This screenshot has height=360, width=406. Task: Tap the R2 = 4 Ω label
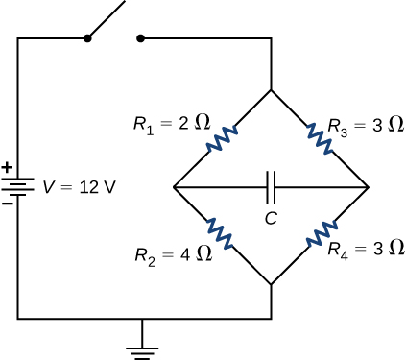[x=171, y=253]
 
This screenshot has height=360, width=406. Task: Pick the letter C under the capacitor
[x=272, y=217]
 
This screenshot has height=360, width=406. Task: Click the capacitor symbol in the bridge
[x=272, y=186]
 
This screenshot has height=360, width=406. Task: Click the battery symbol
[x=18, y=186]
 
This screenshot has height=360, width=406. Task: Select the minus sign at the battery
[x=8, y=203]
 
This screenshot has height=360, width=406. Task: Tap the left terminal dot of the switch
[x=88, y=39]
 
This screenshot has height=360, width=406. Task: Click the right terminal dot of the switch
[x=142, y=39]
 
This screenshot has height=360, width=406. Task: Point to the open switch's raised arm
[x=107, y=20]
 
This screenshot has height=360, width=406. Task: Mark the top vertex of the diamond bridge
[x=272, y=90]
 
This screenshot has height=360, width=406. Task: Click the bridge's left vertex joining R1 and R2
[x=175, y=187]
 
